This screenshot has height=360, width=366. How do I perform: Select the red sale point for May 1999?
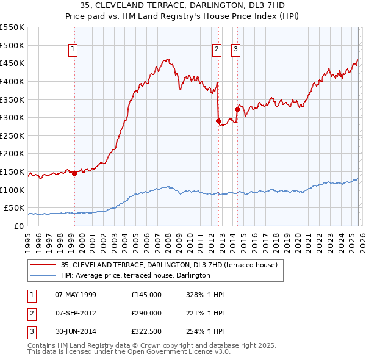point(74,173)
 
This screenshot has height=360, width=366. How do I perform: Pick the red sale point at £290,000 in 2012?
point(218,121)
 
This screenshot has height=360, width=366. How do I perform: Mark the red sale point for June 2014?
point(237,109)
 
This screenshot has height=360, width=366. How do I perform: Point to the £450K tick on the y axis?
point(12,63)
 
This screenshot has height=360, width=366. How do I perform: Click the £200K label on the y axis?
point(12,153)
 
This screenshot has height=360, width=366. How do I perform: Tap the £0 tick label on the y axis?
point(18,226)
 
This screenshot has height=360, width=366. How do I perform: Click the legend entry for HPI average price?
point(135,275)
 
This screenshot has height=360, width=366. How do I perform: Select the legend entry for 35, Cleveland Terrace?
point(169,265)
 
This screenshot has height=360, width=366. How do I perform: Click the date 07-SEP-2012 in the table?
point(76,313)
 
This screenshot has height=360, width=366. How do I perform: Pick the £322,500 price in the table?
point(146,331)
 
